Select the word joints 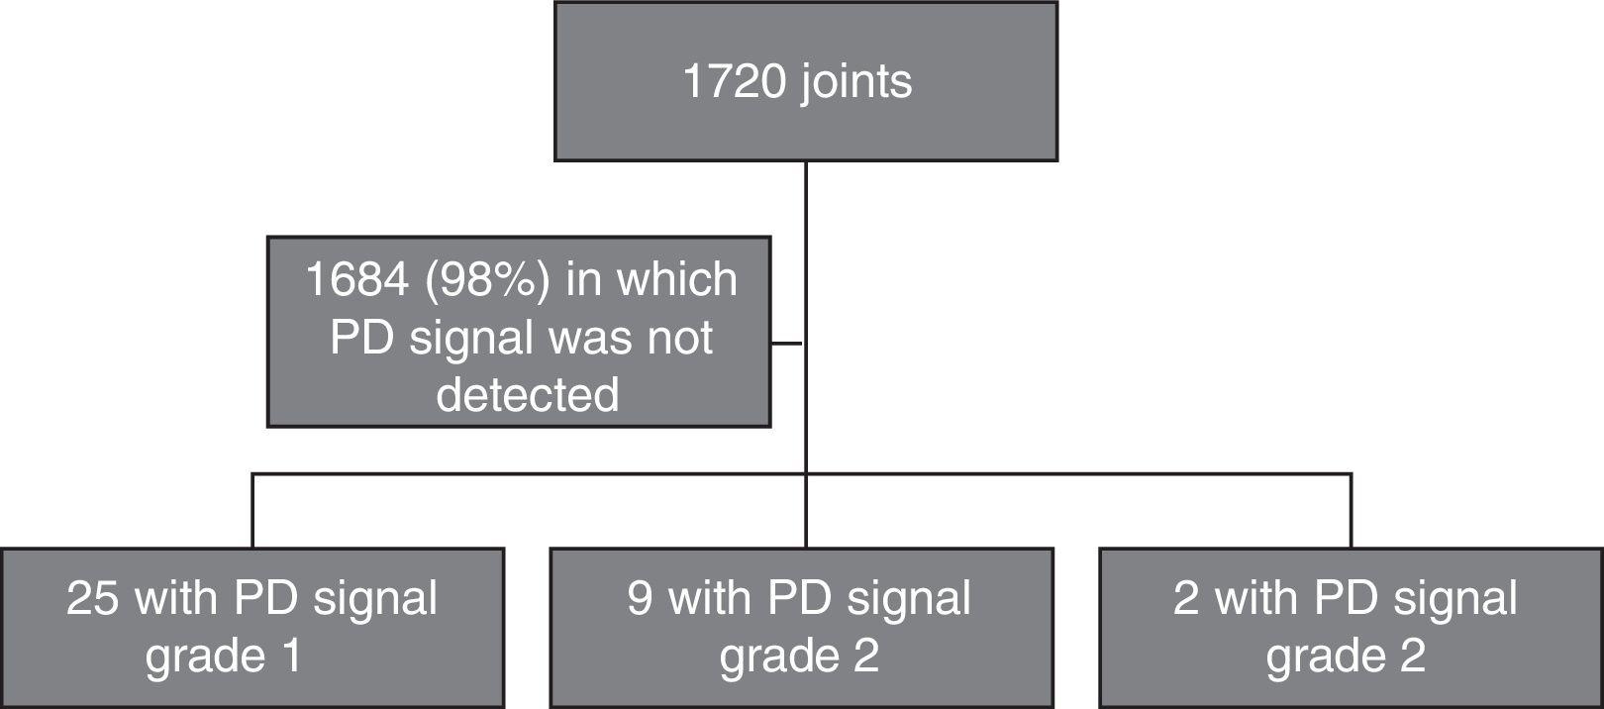click(x=856, y=81)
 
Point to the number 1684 click(x=356, y=279)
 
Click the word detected click(x=527, y=394)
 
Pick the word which click(x=677, y=279)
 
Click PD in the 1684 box click(x=362, y=338)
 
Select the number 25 click(x=93, y=598)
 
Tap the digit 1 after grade click(x=291, y=656)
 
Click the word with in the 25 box click(x=176, y=598)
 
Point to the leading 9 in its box click(x=640, y=598)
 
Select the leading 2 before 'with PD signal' click(x=1186, y=598)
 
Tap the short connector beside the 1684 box click(x=787, y=344)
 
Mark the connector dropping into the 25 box click(x=252, y=511)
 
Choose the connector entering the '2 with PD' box click(x=1351, y=511)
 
